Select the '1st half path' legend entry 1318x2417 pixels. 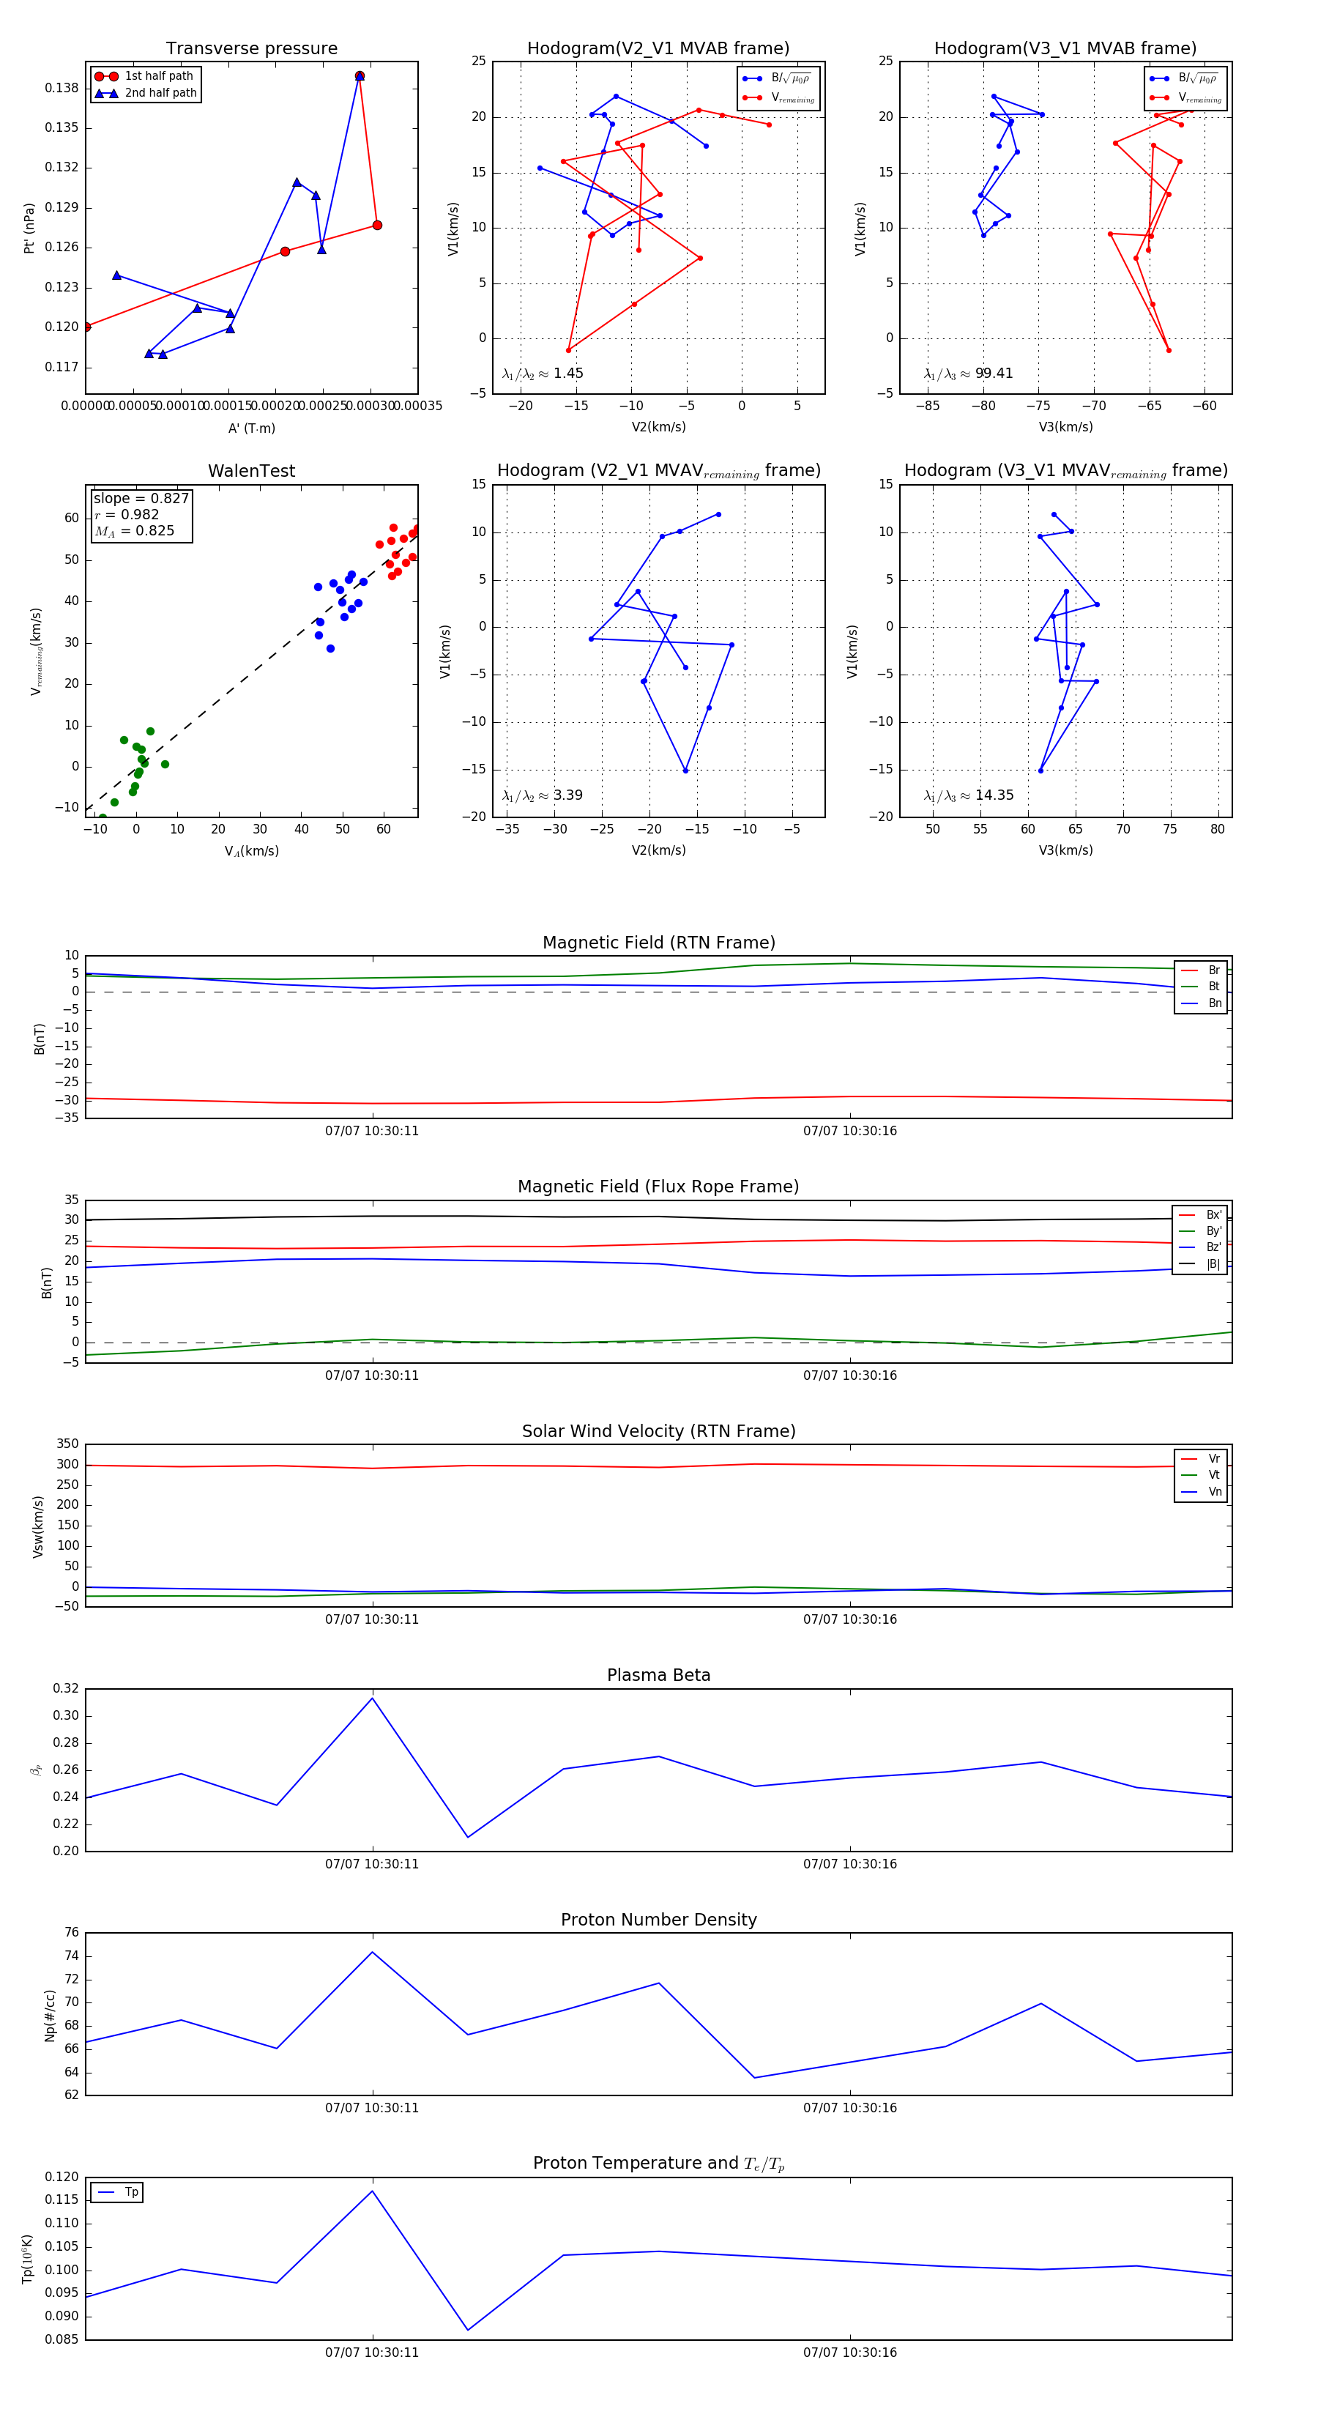(157, 76)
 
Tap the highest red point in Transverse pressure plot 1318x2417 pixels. (360, 76)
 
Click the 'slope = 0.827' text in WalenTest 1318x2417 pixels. (141, 498)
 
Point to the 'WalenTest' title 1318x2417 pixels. (251, 471)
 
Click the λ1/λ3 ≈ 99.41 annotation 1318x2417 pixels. (968, 374)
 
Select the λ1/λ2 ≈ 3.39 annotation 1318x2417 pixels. (542, 795)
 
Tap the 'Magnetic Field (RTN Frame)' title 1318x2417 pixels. (658, 943)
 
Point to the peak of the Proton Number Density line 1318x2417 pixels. (373, 1952)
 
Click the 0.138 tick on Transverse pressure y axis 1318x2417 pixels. (62, 88)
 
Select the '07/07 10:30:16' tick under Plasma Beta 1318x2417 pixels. (850, 1863)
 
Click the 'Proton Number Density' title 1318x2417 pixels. (658, 1920)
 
